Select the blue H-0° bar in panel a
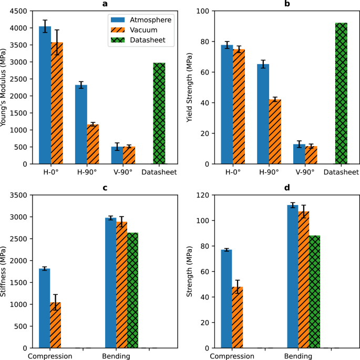[45, 95]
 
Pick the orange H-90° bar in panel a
[93, 144]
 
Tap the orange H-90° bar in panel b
[275, 131]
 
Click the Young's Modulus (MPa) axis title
[5, 87]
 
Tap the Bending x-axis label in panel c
[116, 356]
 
